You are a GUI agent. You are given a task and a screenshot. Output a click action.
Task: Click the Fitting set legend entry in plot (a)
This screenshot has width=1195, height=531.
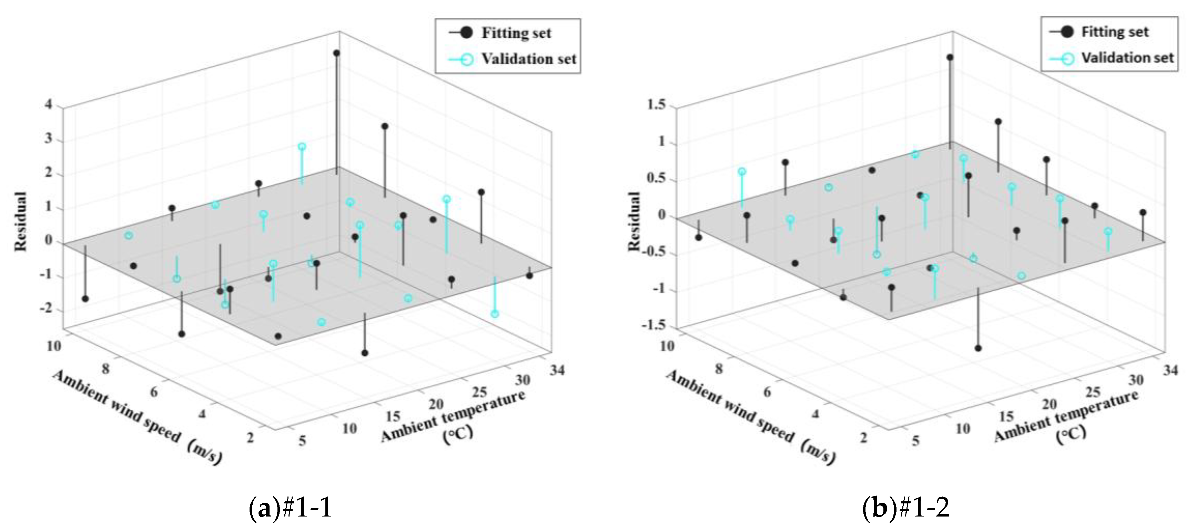point(500,33)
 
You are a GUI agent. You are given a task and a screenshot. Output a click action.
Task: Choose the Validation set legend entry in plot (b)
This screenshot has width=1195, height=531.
point(1112,58)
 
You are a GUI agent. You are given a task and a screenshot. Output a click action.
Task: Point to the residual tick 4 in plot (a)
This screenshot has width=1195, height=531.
point(48,104)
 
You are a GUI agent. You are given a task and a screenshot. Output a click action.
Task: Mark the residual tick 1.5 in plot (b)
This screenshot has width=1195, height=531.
point(656,104)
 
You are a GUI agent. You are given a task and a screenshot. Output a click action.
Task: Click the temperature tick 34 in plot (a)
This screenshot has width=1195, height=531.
point(557,370)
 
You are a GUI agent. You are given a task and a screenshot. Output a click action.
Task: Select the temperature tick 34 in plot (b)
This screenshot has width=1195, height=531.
point(1171,370)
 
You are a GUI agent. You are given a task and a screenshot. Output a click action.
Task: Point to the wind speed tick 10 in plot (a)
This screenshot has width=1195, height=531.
point(54,346)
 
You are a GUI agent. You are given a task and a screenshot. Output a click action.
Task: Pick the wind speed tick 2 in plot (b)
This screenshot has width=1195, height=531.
point(863,437)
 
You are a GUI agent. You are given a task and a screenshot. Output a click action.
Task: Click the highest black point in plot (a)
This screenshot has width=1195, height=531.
point(337,53)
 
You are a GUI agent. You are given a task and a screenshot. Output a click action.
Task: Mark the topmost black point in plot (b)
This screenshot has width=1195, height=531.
point(950,57)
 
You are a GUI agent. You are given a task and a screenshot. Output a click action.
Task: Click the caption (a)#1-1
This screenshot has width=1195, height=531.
point(291,507)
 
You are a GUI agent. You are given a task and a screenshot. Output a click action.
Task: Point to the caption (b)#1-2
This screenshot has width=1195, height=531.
point(906,507)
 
